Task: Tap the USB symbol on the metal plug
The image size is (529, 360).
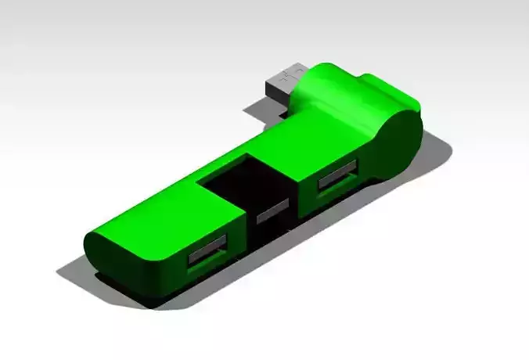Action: (289, 75)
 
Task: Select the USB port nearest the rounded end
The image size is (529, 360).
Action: (207, 254)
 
